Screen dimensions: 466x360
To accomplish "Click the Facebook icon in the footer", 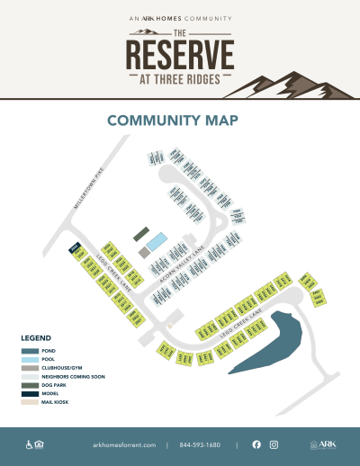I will click(256, 444).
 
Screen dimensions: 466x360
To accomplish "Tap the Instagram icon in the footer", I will click(274, 444).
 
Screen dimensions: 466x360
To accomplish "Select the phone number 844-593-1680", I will click(201, 445).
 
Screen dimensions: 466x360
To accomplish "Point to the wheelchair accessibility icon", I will click(28, 444).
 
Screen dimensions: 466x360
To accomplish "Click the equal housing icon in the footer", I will click(40, 444).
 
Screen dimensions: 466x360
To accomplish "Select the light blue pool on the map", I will click(157, 242).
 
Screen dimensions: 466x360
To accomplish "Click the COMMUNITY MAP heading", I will click(179, 121).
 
